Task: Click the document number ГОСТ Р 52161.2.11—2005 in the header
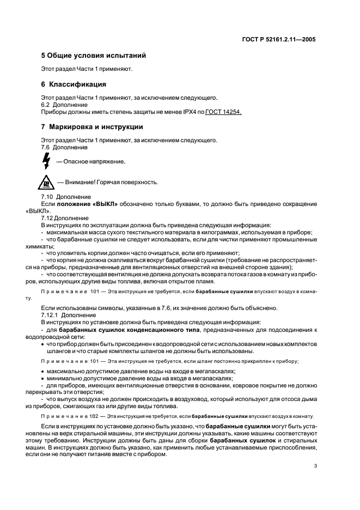[x=279, y=39]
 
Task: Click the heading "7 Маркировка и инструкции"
[x=92, y=127]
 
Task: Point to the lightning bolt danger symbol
[x=46, y=161]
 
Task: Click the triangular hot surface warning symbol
[x=46, y=181]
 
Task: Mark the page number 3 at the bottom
[x=315, y=466]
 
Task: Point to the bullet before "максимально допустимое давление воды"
[x=42, y=371]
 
